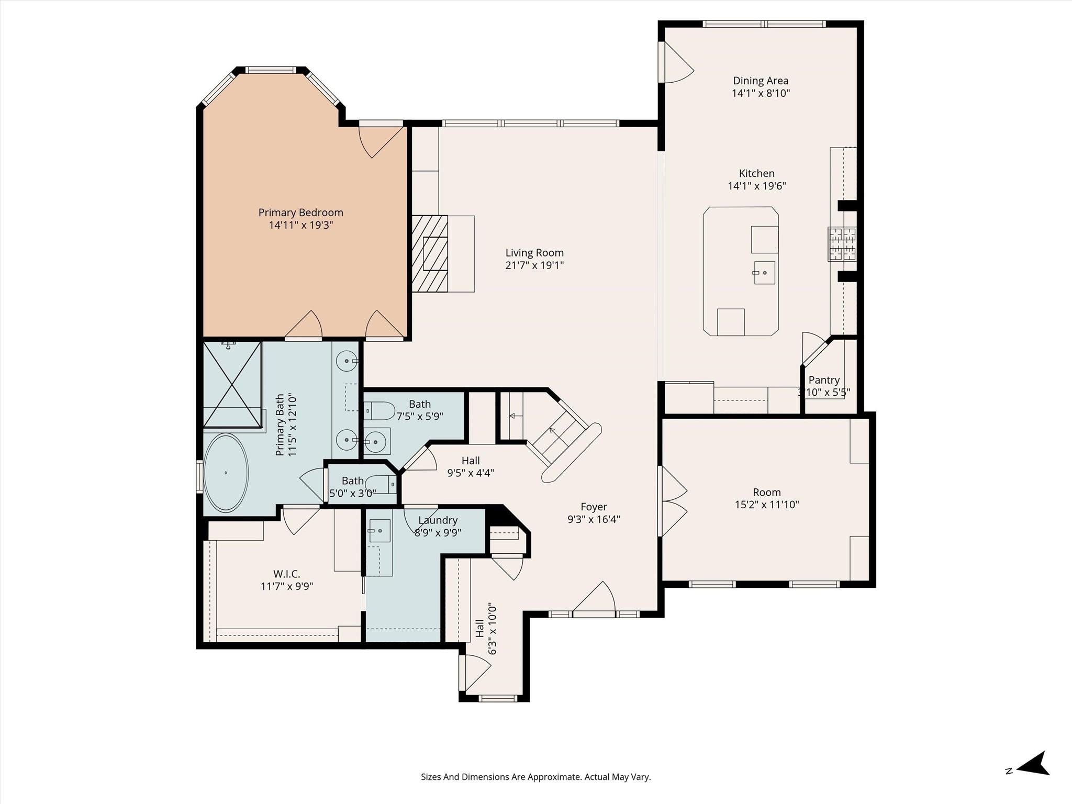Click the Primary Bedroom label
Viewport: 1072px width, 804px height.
pos(301,213)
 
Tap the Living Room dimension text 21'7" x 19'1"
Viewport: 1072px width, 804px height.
pos(534,265)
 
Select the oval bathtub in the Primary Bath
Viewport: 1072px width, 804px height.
pos(226,473)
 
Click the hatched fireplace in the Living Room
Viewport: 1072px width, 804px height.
pos(430,253)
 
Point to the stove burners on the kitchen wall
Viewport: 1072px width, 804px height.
pos(842,244)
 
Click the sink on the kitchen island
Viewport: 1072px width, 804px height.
pos(764,273)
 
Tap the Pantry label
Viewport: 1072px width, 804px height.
pos(824,380)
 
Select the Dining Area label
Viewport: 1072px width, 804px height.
pos(761,81)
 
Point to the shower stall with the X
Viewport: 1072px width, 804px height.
pos(232,384)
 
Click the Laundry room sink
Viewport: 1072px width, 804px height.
pos(379,531)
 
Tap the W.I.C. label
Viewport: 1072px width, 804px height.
pos(287,574)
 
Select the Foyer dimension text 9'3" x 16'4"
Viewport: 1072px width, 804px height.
pos(594,519)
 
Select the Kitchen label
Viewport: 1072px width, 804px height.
pos(757,173)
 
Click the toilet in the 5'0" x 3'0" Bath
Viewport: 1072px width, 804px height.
pos(380,484)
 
